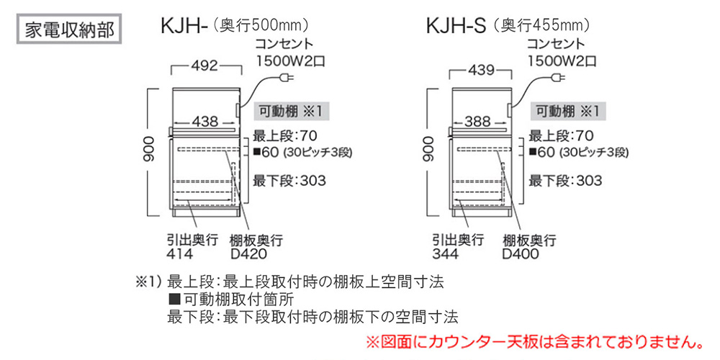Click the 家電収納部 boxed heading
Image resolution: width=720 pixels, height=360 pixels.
[x=71, y=29]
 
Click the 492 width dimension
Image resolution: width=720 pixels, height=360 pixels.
[x=206, y=66]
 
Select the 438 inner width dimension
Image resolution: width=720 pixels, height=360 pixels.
[x=205, y=122]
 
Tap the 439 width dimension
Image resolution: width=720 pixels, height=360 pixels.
[x=482, y=71]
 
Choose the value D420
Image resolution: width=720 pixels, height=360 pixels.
[x=248, y=253]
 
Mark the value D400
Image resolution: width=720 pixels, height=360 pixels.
[x=521, y=253]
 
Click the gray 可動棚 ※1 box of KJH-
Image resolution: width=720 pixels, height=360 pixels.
[x=292, y=112]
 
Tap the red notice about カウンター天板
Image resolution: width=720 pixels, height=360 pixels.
[x=534, y=341]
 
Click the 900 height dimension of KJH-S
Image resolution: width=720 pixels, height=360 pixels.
[x=428, y=148]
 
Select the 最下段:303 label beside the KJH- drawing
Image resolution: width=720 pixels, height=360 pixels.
[x=289, y=181]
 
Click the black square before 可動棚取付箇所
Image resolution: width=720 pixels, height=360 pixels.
[x=174, y=300]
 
